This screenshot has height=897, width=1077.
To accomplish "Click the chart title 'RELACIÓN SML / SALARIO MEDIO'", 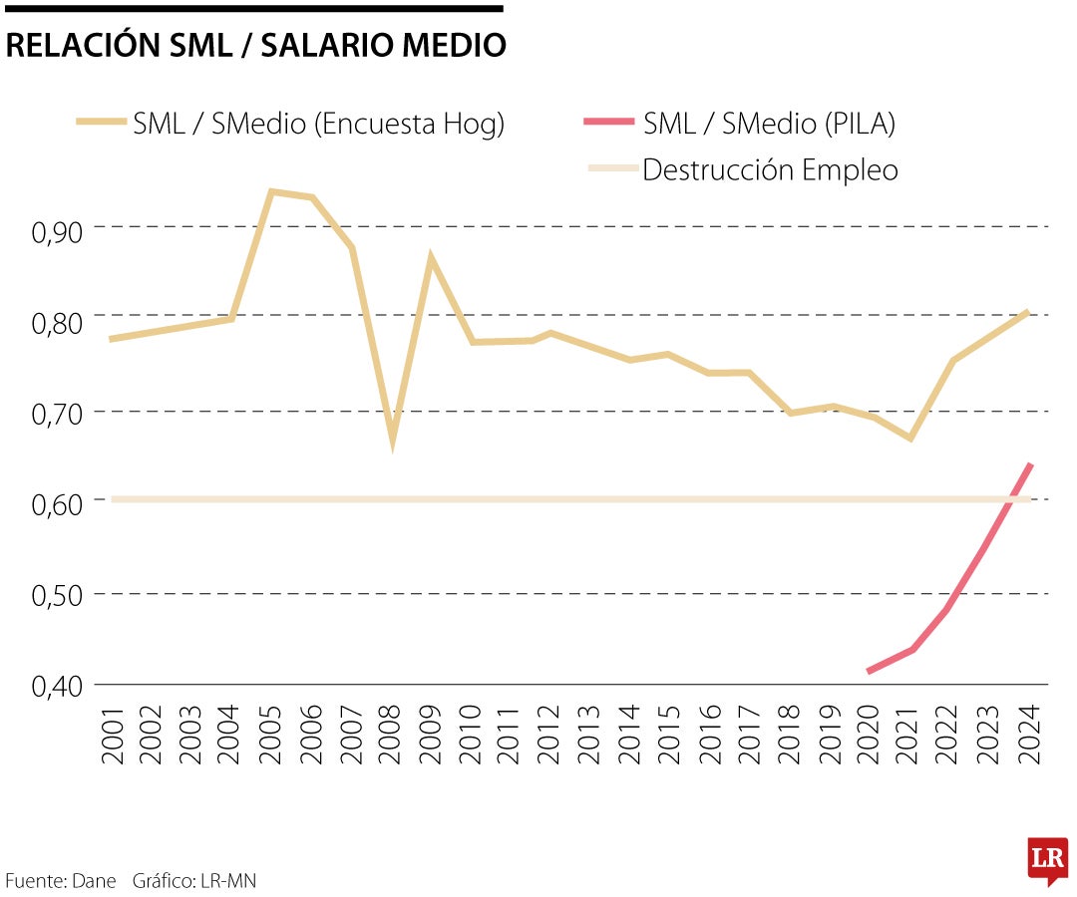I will (x=255, y=46).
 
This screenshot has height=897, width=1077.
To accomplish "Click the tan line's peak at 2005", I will (x=271, y=191).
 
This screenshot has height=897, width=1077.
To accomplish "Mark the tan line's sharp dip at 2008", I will (x=392, y=439).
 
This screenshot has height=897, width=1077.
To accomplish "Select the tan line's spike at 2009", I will (x=431, y=258).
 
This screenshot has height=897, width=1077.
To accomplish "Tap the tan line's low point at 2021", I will (x=909, y=439).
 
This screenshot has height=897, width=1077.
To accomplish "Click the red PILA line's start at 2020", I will (x=870, y=671).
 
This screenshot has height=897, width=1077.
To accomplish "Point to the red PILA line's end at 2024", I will (x=1030, y=464).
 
